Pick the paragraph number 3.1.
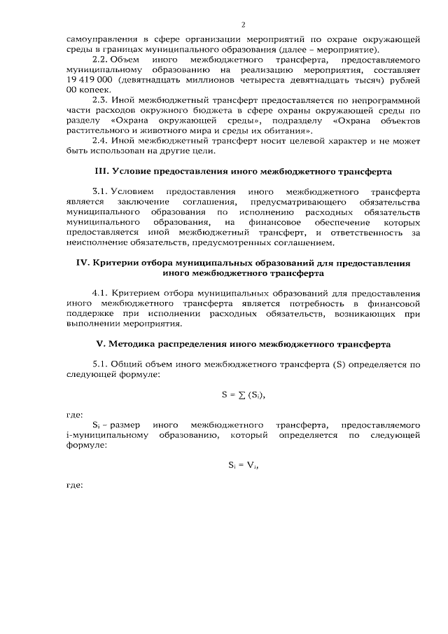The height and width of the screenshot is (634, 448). [102, 191]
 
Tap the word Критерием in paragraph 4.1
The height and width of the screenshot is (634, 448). [145, 293]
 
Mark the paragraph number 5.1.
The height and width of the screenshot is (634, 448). [102, 364]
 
